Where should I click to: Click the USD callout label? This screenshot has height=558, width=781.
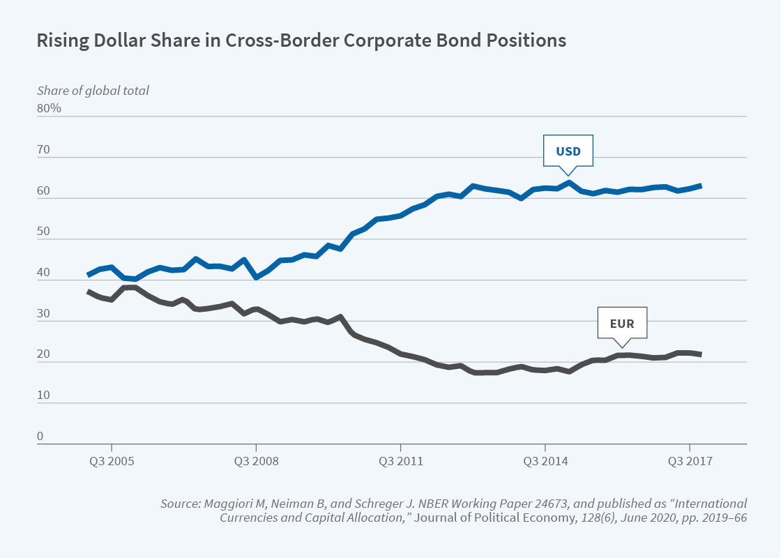[568, 151]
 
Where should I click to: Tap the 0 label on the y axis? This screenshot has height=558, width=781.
[40, 436]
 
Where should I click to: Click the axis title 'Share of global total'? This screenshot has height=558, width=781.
[93, 90]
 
